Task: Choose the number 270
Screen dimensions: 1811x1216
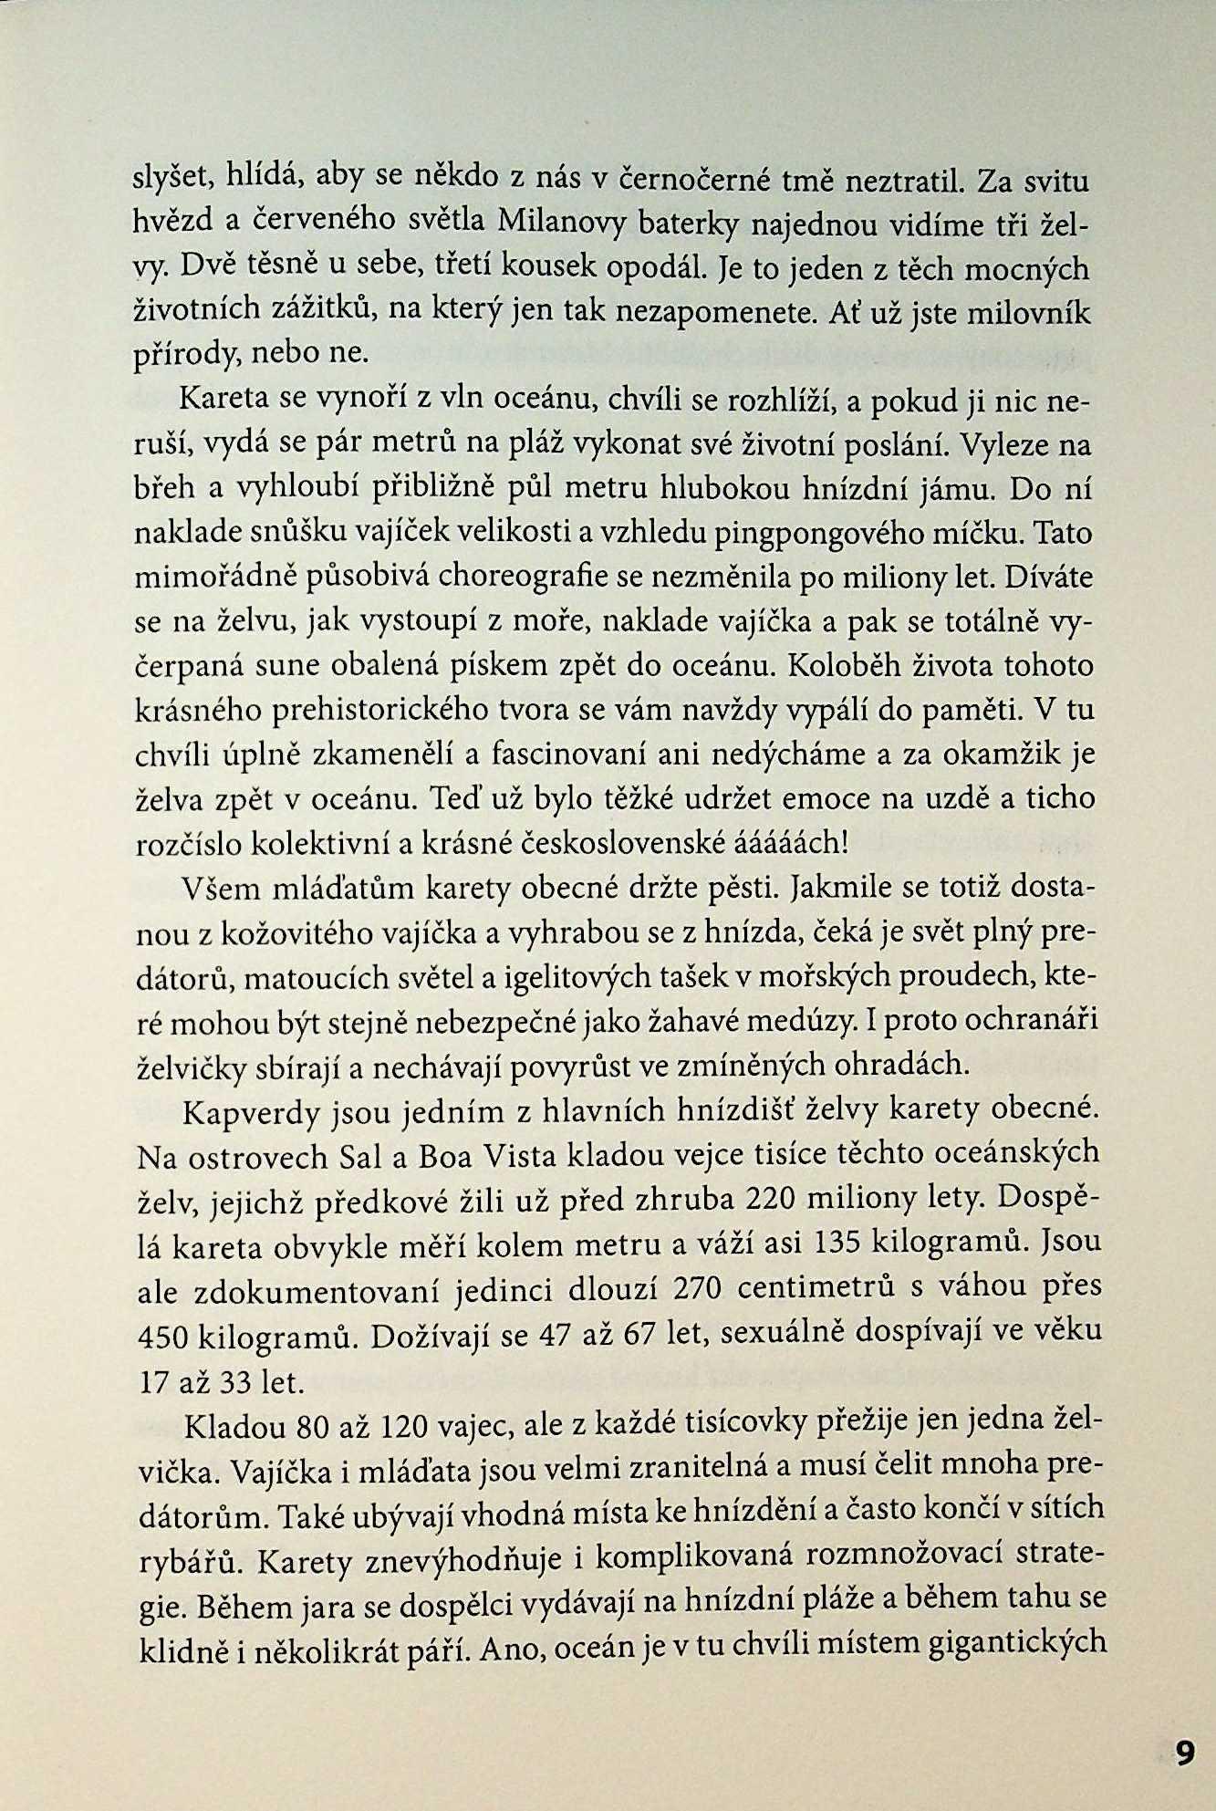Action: pyautogui.click(x=699, y=1287)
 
